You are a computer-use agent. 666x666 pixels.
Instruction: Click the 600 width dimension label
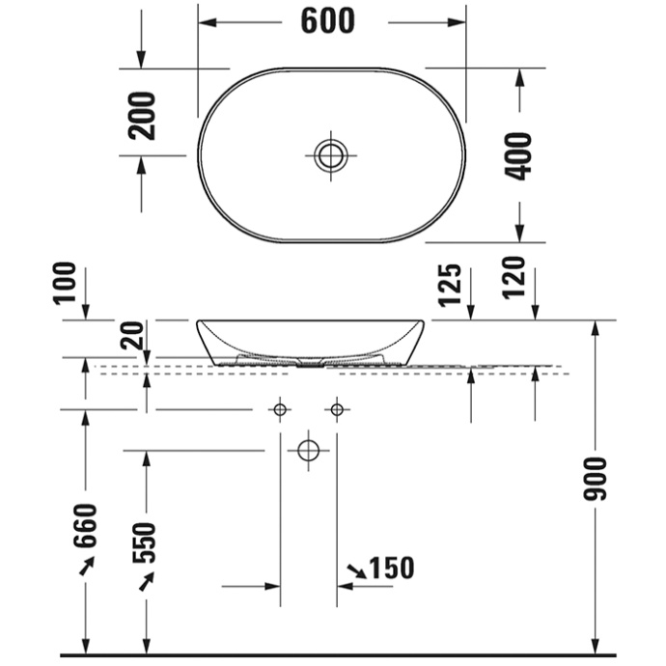(328, 20)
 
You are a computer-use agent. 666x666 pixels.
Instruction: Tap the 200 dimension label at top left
(142, 115)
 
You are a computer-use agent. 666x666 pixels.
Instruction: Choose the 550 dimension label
(145, 545)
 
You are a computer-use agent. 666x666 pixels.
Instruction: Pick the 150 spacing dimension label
(392, 569)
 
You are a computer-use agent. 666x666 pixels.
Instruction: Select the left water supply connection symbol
(280, 410)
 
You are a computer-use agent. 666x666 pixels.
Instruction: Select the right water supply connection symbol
(336, 410)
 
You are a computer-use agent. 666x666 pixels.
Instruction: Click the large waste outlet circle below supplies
(308, 450)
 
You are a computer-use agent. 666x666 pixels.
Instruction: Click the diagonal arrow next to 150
(356, 571)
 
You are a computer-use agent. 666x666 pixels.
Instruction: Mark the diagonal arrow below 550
(146, 582)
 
